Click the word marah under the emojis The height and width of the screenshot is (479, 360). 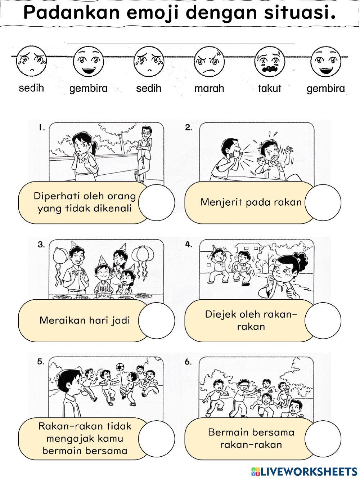tap(209, 88)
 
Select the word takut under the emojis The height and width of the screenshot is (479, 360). tap(270, 88)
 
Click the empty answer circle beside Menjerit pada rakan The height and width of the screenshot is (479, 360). tap(323, 202)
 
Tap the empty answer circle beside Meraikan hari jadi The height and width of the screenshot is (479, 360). tap(156, 320)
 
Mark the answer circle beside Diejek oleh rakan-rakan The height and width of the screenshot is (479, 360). tap(323, 320)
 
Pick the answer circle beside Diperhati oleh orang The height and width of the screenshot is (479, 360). tap(156, 202)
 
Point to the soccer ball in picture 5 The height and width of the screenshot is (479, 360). tap(120, 367)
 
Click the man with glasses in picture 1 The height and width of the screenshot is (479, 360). tap(144, 151)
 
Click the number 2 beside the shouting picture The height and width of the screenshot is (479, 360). tap(188, 127)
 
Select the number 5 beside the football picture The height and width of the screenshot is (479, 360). tap(41, 362)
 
